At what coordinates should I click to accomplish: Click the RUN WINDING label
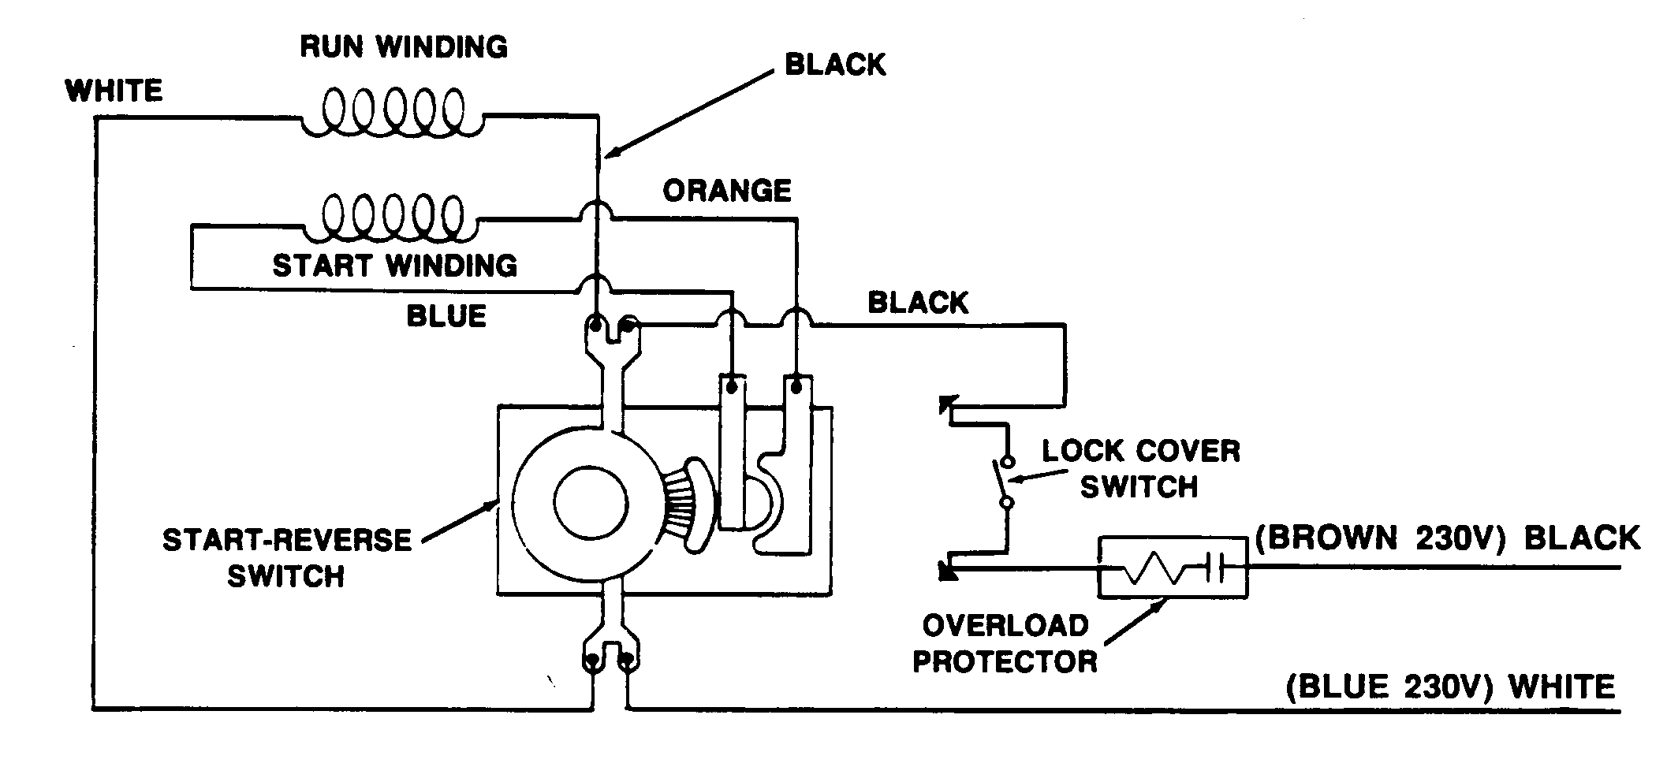click(404, 47)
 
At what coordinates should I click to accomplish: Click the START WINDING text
click(394, 265)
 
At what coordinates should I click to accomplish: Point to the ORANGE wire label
click(726, 191)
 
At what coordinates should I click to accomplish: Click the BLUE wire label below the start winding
click(446, 316)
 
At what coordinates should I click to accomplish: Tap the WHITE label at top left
click(114, 91)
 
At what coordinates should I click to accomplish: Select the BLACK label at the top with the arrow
click(835, 65)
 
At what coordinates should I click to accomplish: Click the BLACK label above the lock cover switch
click(918, 303)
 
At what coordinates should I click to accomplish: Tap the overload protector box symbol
click(1173, 567)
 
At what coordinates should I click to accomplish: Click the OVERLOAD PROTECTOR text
click(1005, 643)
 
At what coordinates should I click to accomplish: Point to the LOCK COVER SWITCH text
click(1140, 469)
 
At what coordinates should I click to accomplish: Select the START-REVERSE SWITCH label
click(287, 558)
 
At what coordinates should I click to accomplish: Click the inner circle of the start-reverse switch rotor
click(591, 502)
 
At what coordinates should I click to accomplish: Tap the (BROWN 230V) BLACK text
click(1446, 538)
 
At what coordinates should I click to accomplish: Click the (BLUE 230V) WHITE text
click(1450, 687)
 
